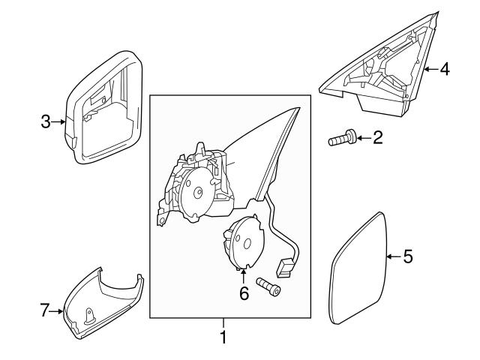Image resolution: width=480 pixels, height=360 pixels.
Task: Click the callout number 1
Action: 223,337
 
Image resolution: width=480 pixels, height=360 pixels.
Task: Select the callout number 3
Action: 46,121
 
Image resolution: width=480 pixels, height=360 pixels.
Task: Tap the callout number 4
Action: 444,70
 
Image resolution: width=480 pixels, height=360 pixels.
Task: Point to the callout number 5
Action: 407,257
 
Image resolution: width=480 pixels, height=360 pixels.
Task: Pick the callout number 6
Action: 244,293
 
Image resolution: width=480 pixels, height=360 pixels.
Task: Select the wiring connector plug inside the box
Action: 285,265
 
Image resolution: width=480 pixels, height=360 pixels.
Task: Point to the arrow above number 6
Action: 244,275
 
